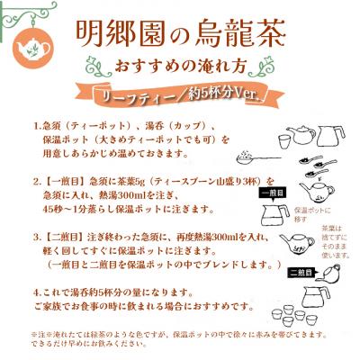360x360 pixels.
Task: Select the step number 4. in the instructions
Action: [37, 293]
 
